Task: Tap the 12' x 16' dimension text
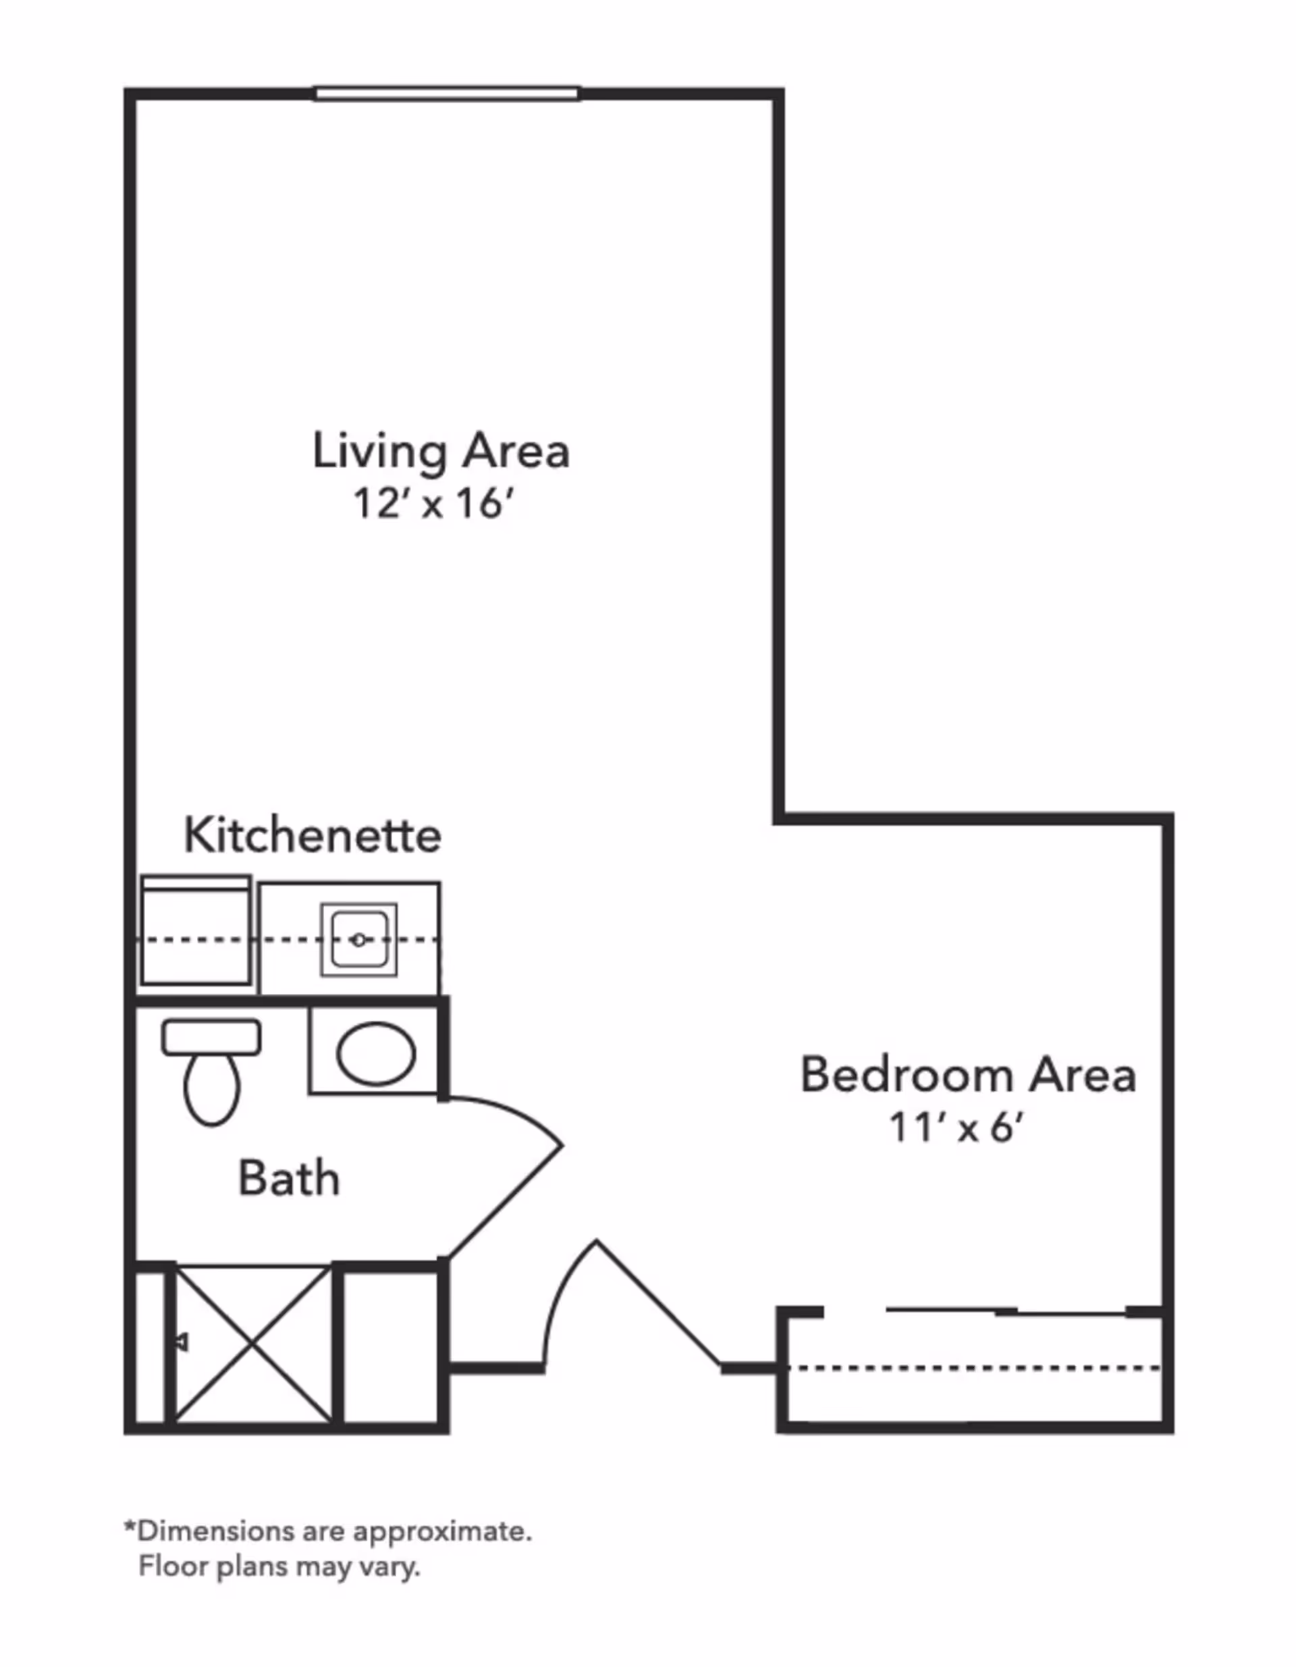pos(431,504)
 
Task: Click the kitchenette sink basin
pos(358,939)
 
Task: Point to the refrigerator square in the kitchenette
pos(196,932)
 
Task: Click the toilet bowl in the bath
pos(212,1088)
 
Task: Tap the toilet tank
pos(211,1037)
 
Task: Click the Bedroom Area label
pos(968,1075)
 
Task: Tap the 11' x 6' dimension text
pos(956,1128)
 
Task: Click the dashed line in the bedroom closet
pos(973,1368)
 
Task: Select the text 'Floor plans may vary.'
pos(279,1566)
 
